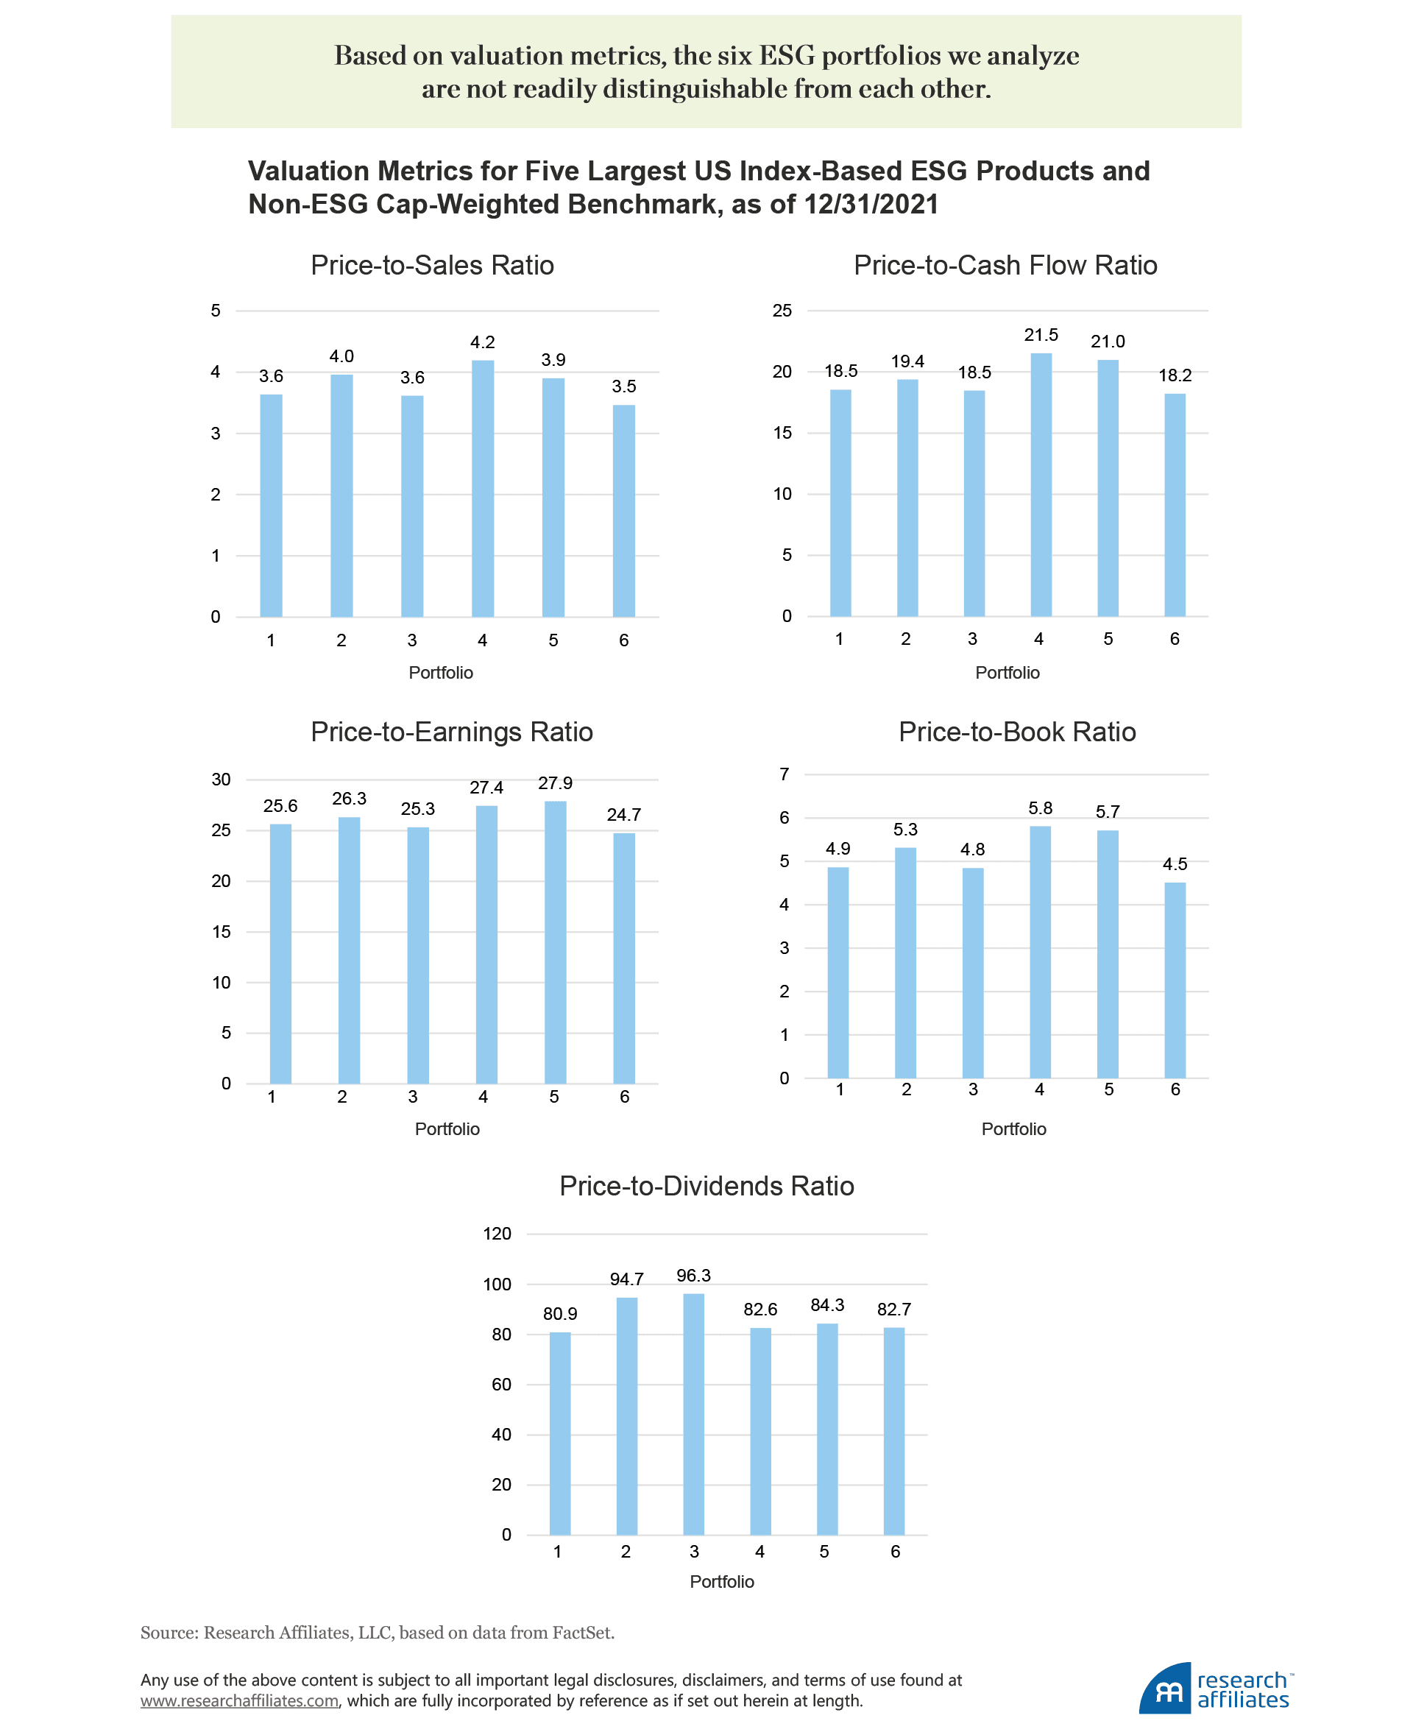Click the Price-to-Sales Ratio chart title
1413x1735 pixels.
pyautogui.click(x=432, y=266)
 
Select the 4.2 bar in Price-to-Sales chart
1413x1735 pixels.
pyautogui.click(x=483, y=489)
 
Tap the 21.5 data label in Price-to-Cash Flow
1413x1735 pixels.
pyautogui.click(x=1041, y=335)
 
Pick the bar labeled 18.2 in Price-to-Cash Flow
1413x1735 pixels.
pyautogui.click(x=1175, y=505)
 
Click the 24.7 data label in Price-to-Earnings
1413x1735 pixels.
pyautogui.click(x=623, y=815)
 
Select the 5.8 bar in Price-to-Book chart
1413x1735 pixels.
pyautogui.click(x=1040, y=952)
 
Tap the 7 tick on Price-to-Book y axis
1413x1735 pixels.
pyautogui.click(x=784, y=774)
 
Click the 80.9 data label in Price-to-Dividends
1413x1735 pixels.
pyautogui.click(x=560, y=1314)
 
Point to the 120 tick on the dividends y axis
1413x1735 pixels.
pyautogui.click(x=497, y=1234)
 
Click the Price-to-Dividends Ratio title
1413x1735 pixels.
pyautogui.click(x=706, y=1187)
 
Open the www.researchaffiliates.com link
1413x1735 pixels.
pyautogui.click(x=239, y=1701)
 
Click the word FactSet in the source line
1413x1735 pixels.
pyautogui.click(x=582, y=1633)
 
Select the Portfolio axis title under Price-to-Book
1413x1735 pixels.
pyautogui.click(x=1013, y=1129)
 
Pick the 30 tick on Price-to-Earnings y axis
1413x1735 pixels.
pyautogui.click(x=221, y=780)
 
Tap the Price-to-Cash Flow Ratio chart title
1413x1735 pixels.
pyautogui.click(x=1005, y=266)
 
